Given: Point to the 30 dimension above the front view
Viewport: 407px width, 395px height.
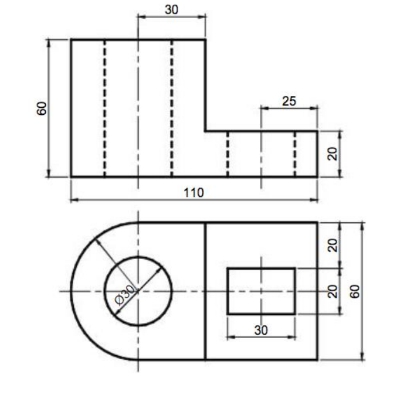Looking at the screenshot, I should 171,10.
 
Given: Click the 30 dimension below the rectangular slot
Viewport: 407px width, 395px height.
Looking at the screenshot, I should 261,330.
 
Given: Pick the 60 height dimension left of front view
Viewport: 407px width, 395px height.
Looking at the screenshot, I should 42,108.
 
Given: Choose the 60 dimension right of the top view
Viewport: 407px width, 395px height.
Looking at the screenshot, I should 354,291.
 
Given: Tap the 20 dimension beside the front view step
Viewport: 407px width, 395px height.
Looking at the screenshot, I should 332,154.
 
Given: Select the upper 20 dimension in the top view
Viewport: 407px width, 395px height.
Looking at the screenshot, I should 333,245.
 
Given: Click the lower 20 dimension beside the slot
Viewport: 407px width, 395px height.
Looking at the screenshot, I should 333,291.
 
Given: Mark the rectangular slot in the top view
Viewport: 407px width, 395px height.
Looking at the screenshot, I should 261,291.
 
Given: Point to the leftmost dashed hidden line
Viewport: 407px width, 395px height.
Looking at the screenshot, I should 104,108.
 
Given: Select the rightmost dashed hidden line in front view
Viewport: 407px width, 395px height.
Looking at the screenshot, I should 295,154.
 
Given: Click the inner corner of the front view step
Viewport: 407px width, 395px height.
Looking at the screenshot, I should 205,131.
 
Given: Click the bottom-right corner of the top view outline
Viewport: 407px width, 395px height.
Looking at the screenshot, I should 317,359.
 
